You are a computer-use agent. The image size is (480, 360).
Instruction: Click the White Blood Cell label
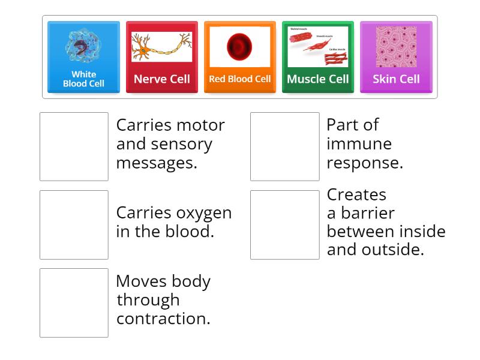(84, 79)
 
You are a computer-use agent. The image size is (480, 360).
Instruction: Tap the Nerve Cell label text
(162, 79)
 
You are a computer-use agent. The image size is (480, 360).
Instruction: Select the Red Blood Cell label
(240, 79)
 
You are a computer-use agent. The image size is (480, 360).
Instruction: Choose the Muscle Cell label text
(318, 79)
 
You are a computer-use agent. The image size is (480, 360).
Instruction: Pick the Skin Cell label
(396, 79)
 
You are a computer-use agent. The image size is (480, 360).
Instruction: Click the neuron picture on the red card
(162, 46)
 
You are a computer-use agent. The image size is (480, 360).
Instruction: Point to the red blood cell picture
(239, 46)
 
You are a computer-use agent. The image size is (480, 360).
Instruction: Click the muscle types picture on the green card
(318, 46)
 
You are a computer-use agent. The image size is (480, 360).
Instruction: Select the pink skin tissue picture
(396, 46)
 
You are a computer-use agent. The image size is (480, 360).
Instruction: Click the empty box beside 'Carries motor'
(74, 146)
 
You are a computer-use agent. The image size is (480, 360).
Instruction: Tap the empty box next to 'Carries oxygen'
(74, 224)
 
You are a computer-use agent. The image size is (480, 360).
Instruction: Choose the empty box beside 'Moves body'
(74, 302)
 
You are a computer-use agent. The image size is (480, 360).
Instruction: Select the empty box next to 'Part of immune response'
(285, 146)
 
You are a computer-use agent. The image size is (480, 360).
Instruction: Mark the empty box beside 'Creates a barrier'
(285, 224)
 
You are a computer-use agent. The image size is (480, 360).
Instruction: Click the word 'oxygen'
(204, 213)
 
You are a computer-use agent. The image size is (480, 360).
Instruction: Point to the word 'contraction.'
(163, 319)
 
